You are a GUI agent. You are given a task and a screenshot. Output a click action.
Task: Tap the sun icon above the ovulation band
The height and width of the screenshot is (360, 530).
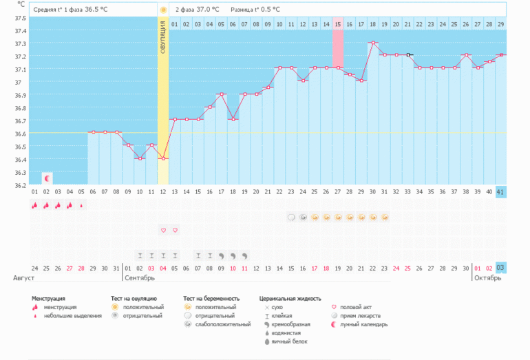(163, 10)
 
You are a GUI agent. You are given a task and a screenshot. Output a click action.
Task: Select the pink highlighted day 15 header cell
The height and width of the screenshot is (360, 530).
(338, 24)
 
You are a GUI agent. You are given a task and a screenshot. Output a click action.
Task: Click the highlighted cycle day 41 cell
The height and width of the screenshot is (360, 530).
(500, 192)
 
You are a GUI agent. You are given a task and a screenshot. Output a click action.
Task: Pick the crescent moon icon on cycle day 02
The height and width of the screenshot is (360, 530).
(47, 178)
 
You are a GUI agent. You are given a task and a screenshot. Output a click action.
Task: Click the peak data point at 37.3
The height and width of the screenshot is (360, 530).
(372, 43)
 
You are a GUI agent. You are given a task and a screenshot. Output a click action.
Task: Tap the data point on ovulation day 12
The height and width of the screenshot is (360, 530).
(163, 158)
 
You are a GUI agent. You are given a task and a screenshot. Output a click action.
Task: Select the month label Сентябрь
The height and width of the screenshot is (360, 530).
(139, 278)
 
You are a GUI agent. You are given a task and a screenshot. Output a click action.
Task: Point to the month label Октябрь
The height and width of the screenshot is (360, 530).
(487, 278)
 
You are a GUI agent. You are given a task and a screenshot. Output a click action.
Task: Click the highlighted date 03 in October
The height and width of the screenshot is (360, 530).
(500, 268)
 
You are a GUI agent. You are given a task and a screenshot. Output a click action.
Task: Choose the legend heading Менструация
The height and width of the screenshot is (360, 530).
(53, 298)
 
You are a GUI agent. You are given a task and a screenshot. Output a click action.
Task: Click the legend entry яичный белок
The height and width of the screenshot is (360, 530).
(289, 341)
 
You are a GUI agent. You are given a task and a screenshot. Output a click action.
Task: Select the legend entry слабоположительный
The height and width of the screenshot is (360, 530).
(223, 324)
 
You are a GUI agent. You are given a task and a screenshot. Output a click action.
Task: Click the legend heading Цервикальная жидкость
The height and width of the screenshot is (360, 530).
(290, 298)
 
